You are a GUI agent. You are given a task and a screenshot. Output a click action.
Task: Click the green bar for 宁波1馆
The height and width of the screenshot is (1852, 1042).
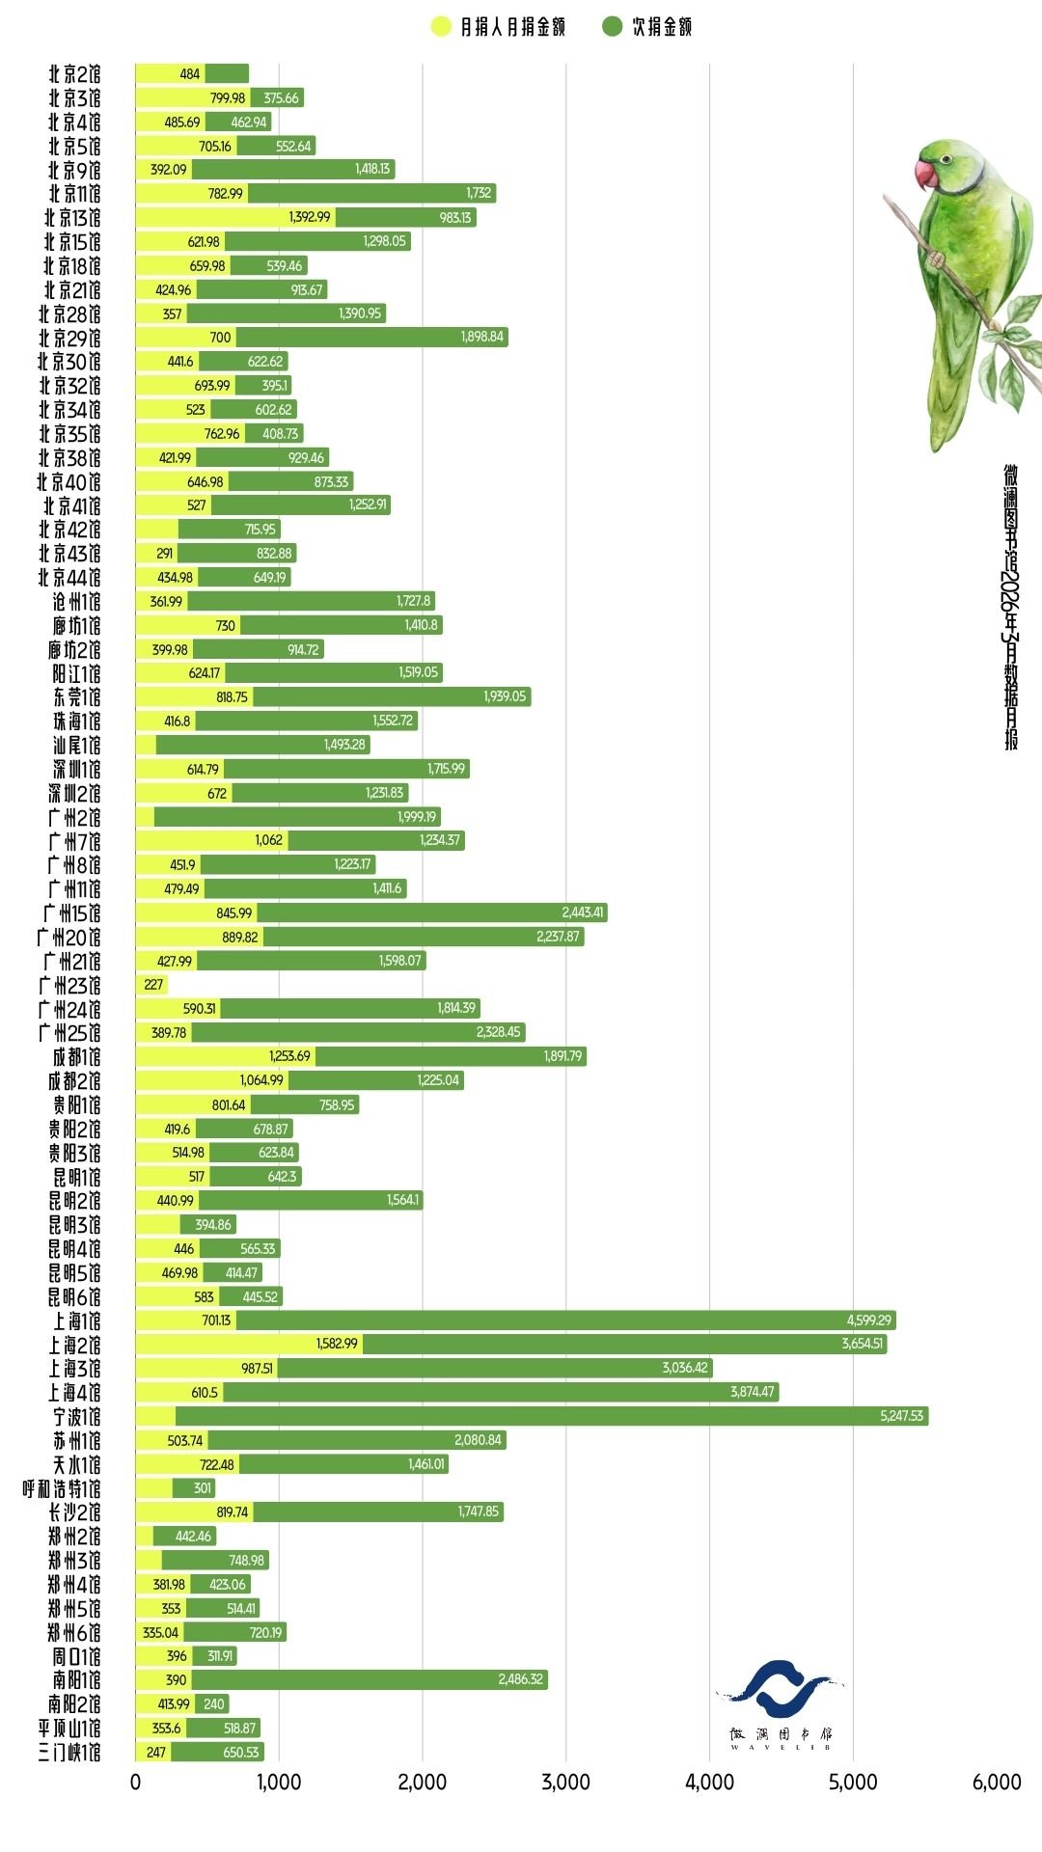coord(550,1416)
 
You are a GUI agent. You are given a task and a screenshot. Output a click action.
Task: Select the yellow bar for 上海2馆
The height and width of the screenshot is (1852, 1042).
coord(248,1344)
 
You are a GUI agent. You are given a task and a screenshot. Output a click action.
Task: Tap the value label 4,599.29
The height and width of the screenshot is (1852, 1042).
coord(868,1321)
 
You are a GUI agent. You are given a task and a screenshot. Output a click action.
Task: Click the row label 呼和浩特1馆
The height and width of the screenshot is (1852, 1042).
coord(62,1488)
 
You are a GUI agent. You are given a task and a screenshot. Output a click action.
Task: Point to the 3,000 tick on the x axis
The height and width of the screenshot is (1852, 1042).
coord(566,1783)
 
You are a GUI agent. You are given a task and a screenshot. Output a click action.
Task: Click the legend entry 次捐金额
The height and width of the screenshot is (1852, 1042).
coord(648,27)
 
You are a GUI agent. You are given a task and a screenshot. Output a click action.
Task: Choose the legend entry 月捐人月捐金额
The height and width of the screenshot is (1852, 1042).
coord(499,27)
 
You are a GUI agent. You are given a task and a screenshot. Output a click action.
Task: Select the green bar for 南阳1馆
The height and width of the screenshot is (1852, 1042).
coord(369,1680)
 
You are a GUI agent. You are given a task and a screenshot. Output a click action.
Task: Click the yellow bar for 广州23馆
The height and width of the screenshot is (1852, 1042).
coord(151,985)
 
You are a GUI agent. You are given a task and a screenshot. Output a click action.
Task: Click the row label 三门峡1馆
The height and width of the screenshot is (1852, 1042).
coord(69,1753)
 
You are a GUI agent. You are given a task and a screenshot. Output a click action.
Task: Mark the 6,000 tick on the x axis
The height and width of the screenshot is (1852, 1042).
coord(997,1783)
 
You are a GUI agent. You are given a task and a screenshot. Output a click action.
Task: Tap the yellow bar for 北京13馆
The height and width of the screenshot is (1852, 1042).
coord(234,218)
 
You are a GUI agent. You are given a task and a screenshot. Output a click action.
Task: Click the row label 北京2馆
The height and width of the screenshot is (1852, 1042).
coord(74,74)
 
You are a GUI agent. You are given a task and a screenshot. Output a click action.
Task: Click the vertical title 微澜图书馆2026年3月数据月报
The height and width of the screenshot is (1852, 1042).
coord(1010,608)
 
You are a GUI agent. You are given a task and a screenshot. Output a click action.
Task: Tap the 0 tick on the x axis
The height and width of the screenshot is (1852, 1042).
coord(135,1783)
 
